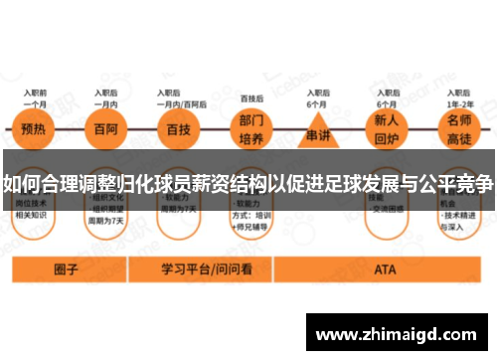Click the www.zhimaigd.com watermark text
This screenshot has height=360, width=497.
click(399, 335)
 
